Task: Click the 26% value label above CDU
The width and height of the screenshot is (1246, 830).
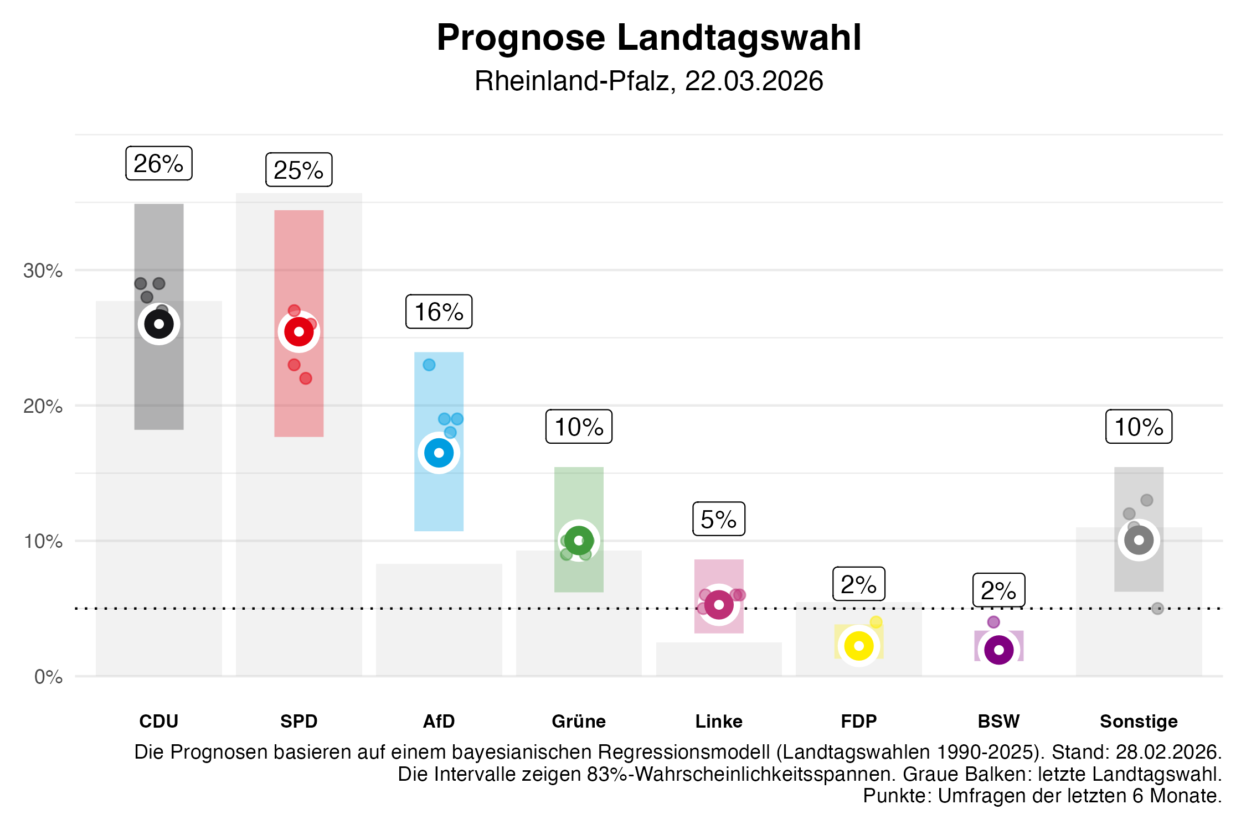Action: (x=158, y=163)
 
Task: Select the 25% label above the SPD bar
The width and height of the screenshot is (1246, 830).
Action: (x=298, y=170)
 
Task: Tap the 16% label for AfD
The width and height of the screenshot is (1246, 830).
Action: (x=439, y=312)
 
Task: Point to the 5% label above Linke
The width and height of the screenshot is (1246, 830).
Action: (x=718, y=519)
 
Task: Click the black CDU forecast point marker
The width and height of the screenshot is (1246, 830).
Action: (x=159, y=324)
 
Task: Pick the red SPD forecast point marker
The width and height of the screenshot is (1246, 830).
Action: (x=299, y=332)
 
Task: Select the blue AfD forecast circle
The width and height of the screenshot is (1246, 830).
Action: (x=439, y=453)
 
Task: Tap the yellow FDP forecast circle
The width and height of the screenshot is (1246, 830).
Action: (x=859, y=646)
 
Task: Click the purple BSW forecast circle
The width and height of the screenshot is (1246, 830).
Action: (x=999, y=650)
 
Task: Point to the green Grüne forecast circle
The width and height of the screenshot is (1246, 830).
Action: (x=579, y=541)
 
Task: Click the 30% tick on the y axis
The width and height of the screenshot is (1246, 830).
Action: (x=43, y=271)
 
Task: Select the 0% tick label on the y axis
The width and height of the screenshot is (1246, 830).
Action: (x=48, y=677)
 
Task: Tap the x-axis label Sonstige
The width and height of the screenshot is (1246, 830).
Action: (x=1139, y=722)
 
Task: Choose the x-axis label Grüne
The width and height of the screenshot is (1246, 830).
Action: (x=579, y=722)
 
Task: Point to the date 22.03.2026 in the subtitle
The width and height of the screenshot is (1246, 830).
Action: (x=754, y=81)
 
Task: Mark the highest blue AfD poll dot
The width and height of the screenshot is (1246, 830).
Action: (x=429, y=365)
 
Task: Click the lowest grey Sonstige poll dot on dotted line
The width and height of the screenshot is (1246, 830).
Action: (x=1157, y=609)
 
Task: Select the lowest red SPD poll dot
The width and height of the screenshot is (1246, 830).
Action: (x=306, y=378)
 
